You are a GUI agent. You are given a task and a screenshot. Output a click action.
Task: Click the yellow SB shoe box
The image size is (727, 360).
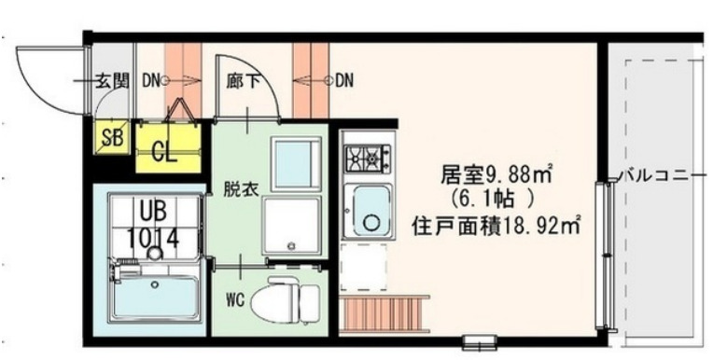coord(114,139)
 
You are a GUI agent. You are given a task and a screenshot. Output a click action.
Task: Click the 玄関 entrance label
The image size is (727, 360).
coord(117,80)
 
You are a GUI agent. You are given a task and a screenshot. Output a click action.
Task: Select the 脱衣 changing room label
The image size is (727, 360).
coord(236,187)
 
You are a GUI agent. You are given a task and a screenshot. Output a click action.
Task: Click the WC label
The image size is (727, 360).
coord(235,300)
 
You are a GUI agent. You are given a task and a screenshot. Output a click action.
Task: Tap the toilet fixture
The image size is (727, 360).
coord(289,298)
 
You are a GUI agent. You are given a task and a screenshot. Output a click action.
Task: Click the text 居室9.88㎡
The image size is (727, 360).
coord(499,174)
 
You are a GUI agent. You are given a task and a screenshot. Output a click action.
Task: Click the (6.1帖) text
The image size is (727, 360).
coord(495,199)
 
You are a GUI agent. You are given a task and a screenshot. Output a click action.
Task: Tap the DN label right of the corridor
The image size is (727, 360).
coord(344,80)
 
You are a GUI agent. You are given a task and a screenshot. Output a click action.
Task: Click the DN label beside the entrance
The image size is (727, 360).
coord(152,80)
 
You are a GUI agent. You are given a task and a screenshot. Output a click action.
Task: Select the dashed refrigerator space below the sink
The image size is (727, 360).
coord(365,265)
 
